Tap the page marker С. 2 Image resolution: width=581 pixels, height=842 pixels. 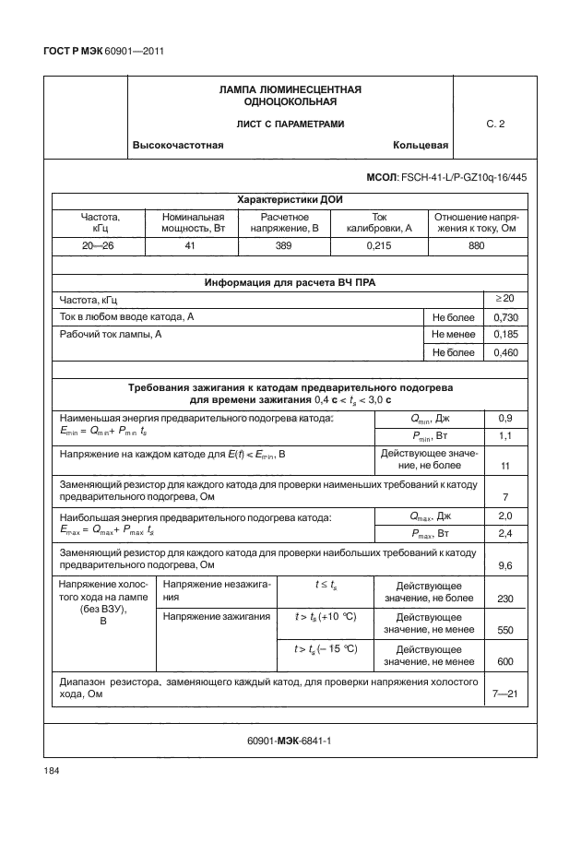click(495, 125)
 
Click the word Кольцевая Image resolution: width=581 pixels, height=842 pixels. click(421, 146)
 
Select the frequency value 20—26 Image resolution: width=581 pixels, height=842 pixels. click(89, 247)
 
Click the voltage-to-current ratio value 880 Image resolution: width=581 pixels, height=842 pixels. click(477, 247)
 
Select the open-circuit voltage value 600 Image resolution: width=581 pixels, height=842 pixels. click(504, 661)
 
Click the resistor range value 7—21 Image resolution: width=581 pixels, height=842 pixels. click(504, 694)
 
